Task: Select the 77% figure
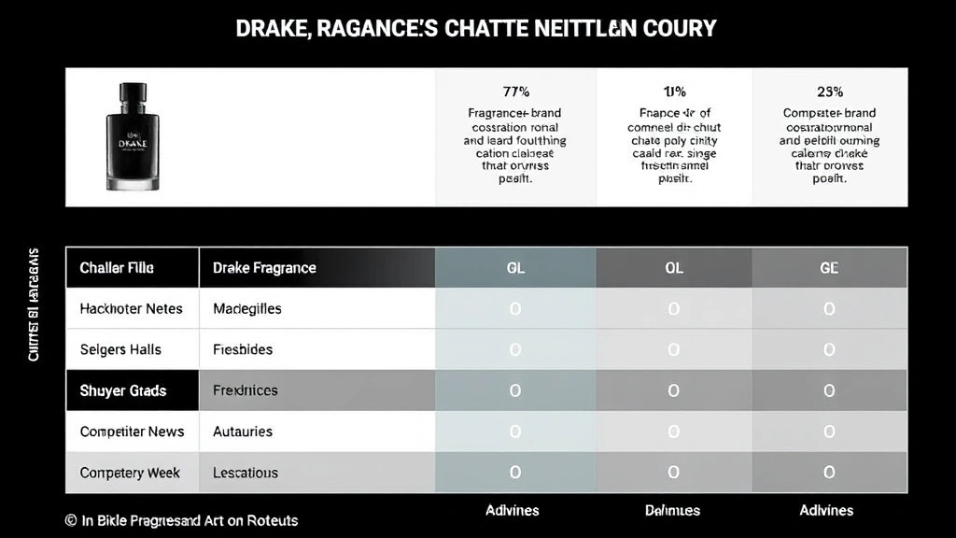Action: point(515,92)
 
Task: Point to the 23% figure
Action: point(829,92)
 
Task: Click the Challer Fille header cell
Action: point(117,268)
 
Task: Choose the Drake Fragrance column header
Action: point(264,268)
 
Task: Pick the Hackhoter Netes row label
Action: point(132,308)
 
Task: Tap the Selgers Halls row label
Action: point(120,349)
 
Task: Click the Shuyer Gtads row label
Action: point(123,390)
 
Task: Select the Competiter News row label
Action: point(132,432)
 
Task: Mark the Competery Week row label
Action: point(130,473)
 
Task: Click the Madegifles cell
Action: point(246,308)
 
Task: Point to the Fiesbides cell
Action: point(243,349)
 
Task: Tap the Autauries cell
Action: point(243,432)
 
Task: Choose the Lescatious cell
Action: point(246,473)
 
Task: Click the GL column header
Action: point(515,268)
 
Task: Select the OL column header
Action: point(674,268)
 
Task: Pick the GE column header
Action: point(829,268)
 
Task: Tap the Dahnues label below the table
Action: point(672,510)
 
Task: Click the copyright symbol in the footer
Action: point(71,520)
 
